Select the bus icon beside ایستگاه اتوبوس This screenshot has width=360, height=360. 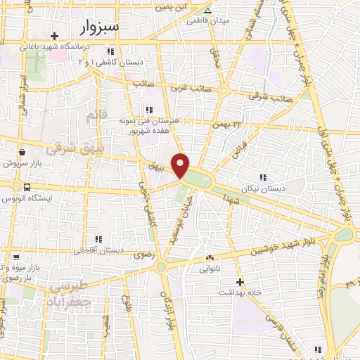[27, 187]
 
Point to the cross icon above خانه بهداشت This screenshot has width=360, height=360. [240, 281]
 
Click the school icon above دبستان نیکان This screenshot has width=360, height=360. [263, 178]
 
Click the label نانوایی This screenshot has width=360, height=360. [210, 269]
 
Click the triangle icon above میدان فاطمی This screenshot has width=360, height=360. [207, 11]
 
